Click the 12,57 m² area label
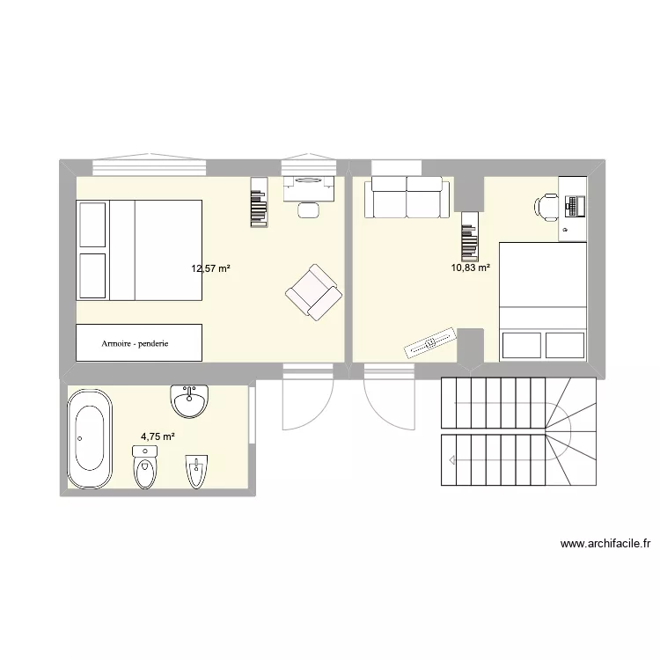coord(210,268)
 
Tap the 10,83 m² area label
coord(471,268)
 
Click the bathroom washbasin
coord(190,400)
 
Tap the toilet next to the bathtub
coord(144,466)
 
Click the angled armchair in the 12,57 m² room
coord(312,291)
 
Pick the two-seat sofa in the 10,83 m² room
coord(407,197)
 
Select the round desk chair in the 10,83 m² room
coord(546,208)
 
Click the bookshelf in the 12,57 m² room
coord(258,202)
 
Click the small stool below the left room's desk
coord(309,209)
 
